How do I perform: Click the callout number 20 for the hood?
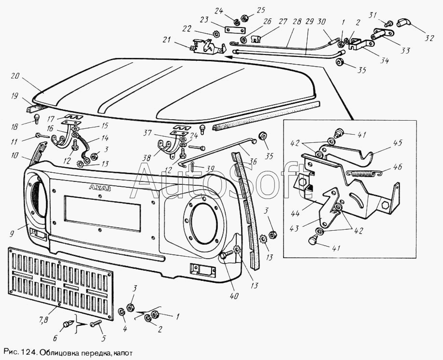tap(15, 76)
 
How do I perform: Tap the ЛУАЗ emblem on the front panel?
tap(100, 188)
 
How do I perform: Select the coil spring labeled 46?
tap(365, 173)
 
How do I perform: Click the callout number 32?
tap(429, 38)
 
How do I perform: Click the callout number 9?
tap(12, 234)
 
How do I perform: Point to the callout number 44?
tap(295, 213)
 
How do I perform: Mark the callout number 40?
tap(234, 296)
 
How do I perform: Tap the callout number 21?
tap(166, 39)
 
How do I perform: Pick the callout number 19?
tap(14, 96)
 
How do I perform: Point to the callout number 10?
tap(14, 155)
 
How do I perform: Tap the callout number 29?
tap(310, 21)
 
